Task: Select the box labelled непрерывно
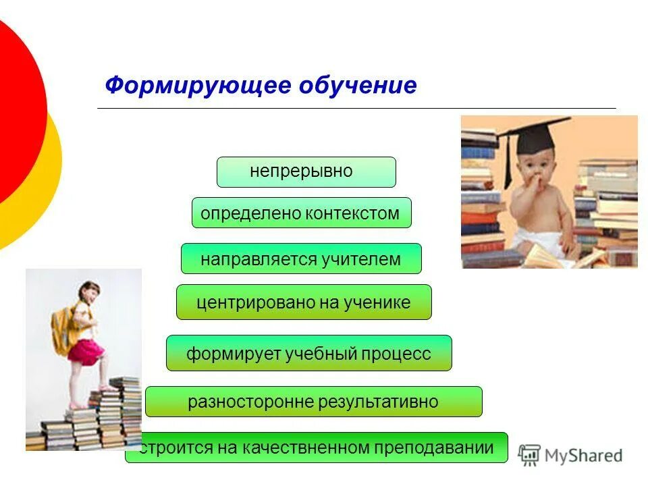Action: click(306, 171)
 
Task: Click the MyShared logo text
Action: click(583, 456)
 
